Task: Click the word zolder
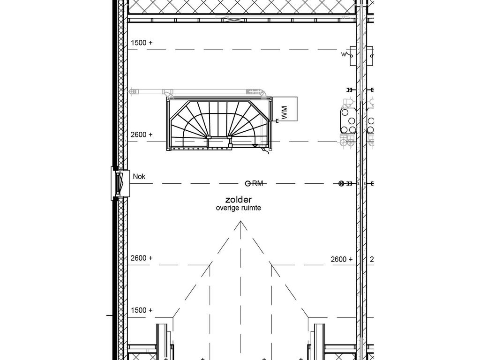tap(239, 200)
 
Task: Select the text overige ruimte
tap(239, 208)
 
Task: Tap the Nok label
tap(139, 177)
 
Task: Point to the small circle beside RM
tap(247, 183)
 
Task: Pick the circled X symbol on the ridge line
tap(341, 183)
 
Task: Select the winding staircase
tap(219, 124)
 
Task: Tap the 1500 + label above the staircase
tap(142, 43)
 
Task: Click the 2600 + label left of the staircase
tap(142, 135)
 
